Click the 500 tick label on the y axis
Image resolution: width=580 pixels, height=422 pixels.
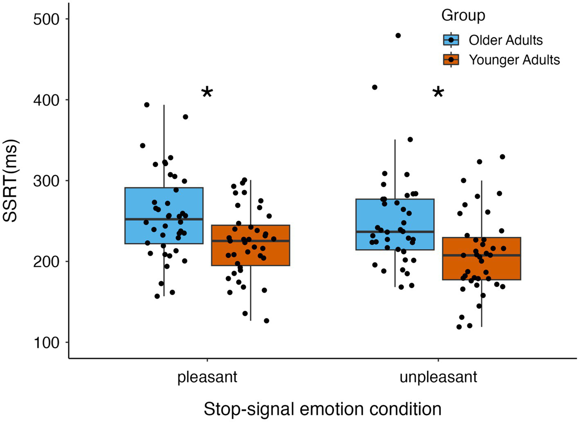point(46,19)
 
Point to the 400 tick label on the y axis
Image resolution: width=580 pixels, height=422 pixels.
point(46,100)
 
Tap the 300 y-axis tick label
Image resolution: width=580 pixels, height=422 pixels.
point(46,181)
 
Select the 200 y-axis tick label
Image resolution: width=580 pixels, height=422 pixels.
point(46,261)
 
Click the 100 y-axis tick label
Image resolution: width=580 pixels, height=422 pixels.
point(46,342)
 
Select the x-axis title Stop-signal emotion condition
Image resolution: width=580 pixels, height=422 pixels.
point(322,409)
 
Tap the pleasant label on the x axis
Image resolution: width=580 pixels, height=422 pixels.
point(207,377)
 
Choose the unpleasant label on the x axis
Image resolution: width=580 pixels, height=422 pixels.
point(438,377)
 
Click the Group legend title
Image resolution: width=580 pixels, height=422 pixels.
point(463,16)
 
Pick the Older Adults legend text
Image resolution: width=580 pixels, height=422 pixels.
point(506,40)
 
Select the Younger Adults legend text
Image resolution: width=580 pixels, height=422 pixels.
point(514,60)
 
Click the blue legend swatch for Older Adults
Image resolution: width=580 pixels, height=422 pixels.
point(451,40)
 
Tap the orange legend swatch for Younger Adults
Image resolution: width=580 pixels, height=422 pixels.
point(451,60)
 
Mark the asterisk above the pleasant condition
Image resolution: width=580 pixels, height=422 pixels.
point(207,93)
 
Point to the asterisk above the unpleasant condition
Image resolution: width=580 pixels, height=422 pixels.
point(438,93)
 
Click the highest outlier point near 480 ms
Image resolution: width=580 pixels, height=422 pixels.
point(398,36)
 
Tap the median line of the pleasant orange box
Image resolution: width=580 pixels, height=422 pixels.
point(250,241)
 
